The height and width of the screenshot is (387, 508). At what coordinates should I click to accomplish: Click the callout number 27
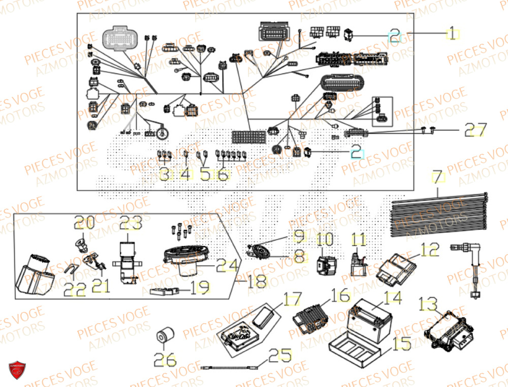[x=475, y=130]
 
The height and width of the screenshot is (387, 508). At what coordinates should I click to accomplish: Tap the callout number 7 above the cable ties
[x=437, y=177]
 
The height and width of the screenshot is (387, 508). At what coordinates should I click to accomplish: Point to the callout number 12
[x=428, y=250]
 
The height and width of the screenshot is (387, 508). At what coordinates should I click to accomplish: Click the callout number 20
[x=84, y=223]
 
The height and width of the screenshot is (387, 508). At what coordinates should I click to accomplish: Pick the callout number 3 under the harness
[x=164, y=175]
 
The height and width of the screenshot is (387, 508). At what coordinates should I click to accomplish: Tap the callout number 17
[x=292, y=299]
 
